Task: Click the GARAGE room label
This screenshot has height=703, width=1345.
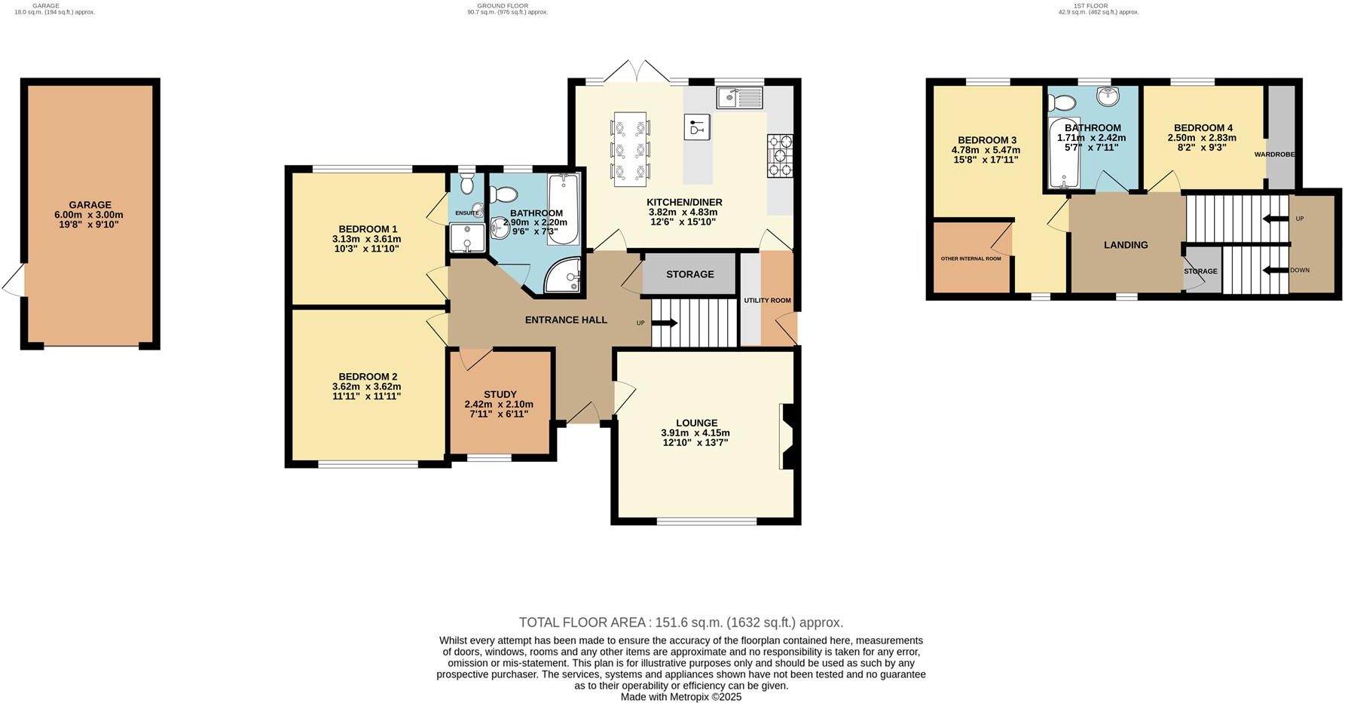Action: tap(90, 205)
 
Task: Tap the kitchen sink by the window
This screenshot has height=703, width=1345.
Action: tap(739, 97)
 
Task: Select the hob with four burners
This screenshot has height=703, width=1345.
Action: tap(780, 155)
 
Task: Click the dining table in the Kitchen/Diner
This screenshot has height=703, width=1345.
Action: tap(630, 148)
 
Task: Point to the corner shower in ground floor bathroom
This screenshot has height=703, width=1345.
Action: tap(565, 276)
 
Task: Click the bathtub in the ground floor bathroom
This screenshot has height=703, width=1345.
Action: tap(563, 209)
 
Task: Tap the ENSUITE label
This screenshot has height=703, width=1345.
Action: tap(466, 213)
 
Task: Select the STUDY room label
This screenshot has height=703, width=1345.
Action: tap(500, 394)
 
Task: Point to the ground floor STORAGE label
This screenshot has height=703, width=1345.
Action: tap(689, 274)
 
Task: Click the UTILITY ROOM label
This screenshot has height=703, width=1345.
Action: tap(767, 301)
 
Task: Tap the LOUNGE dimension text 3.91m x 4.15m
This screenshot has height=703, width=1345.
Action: tap(695, 432)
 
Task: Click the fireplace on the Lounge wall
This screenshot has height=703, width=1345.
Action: tap(787, 438)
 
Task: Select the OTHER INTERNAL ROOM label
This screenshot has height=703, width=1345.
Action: tap(971, 258)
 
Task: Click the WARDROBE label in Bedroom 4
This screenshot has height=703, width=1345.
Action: tap(1274, 154)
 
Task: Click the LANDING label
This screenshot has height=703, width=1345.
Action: tap(1126, 245)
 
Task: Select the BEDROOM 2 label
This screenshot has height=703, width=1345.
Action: tap(368, 377)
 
